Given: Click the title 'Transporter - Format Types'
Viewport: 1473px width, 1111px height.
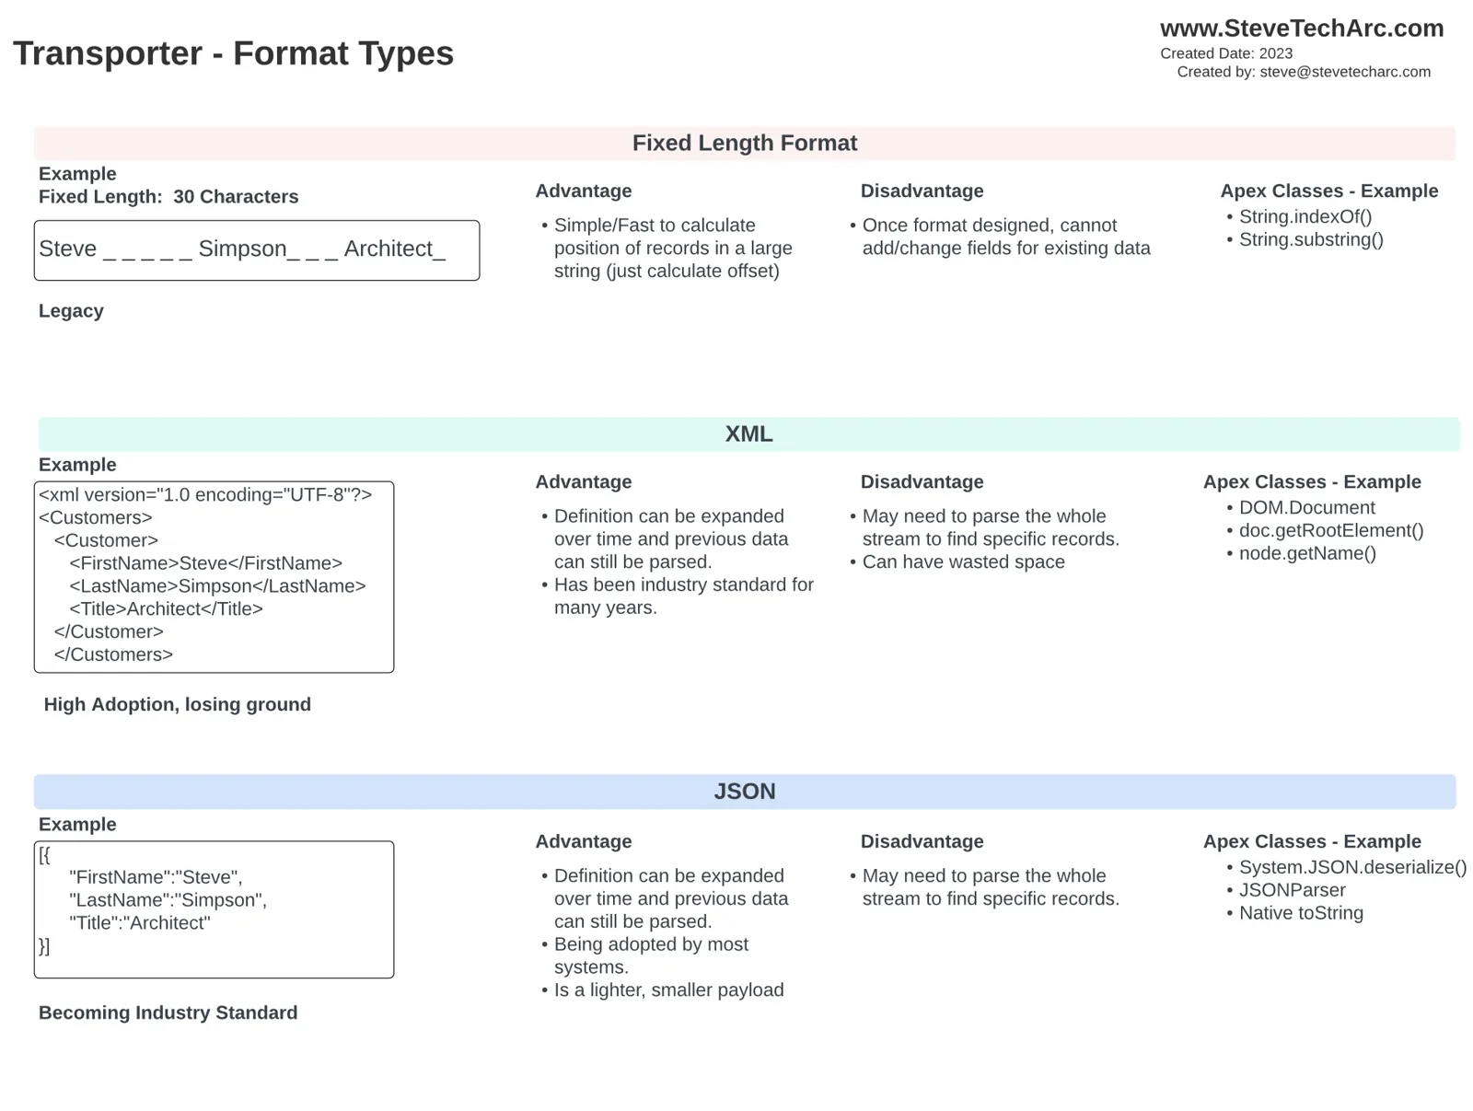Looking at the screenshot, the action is [233, 53].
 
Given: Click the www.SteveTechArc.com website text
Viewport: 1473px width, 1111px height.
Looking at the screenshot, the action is [1301, 29].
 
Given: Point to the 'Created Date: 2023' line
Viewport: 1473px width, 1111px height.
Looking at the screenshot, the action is [1226, 53].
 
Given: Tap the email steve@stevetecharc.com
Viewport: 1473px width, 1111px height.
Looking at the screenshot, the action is [1345, 72].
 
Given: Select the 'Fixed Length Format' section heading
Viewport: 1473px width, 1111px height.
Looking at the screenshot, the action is [744, 143].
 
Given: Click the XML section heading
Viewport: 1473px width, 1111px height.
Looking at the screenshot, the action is [748, 434].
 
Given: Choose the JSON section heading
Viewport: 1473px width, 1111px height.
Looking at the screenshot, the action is [744, 792].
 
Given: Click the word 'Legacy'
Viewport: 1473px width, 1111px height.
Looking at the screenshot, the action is [71, 311].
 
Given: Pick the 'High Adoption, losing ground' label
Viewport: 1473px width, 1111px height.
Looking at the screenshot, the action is [177, 704].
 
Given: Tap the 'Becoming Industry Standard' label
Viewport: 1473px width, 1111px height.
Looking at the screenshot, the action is [168, 1013].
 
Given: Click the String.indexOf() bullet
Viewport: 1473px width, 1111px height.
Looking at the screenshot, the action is [1305, 216].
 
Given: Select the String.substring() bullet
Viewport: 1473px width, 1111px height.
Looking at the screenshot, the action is [1311, 239].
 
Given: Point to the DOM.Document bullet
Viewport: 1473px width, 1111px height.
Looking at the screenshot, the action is [1306, 507].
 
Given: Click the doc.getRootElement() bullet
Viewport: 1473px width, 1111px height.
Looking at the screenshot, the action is [1330, 531].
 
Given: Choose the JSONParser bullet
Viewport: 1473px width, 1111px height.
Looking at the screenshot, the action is [1292, 890].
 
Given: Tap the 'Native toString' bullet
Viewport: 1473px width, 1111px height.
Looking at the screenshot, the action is [1301, 913].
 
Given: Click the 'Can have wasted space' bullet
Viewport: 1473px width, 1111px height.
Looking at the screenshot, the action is [963, 562].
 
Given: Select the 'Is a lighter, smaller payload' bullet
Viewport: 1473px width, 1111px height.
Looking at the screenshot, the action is [668, 990].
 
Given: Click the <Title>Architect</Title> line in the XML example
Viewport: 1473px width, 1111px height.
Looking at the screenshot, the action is [166, 609].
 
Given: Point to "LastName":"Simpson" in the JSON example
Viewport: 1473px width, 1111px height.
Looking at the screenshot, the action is [168, 900].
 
